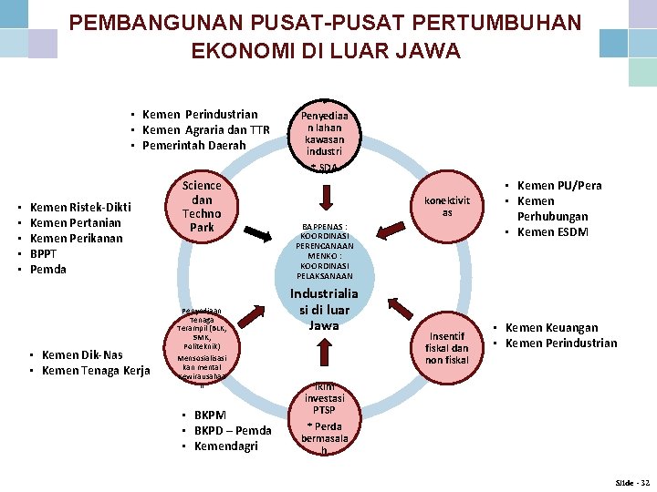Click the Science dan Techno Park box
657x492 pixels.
coord(202,207)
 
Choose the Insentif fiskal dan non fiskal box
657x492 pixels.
coord(447,348)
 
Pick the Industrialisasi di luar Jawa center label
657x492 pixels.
coord(324,310)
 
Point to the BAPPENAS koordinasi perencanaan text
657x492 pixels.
coord(324,238)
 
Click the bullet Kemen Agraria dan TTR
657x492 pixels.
coord(205,130)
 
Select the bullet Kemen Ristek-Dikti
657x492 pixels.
coord(80,208)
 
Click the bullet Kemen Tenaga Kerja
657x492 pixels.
coord(96,370)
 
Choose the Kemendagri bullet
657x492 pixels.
coord(226,446)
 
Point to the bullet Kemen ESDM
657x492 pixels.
coord(553,231)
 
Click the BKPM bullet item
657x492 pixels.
coord(214,415)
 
